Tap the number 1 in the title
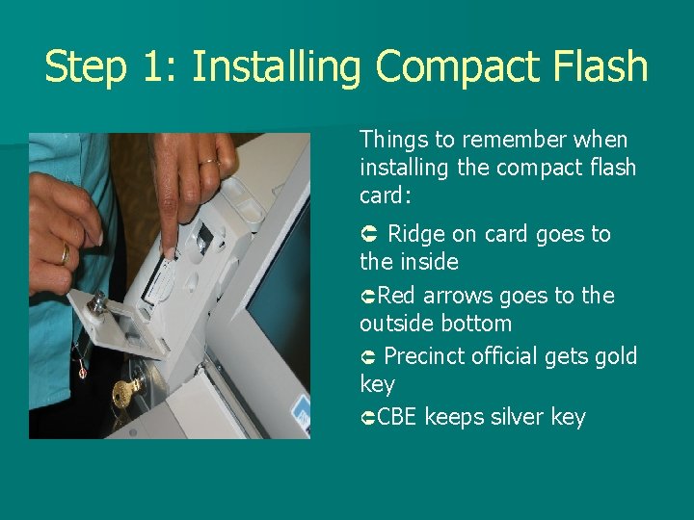pos(154,67)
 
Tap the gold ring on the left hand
pos(65,252)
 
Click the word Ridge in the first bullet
pos(416,235)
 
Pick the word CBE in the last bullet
pos(397,418)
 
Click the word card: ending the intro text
pos(386,195)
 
